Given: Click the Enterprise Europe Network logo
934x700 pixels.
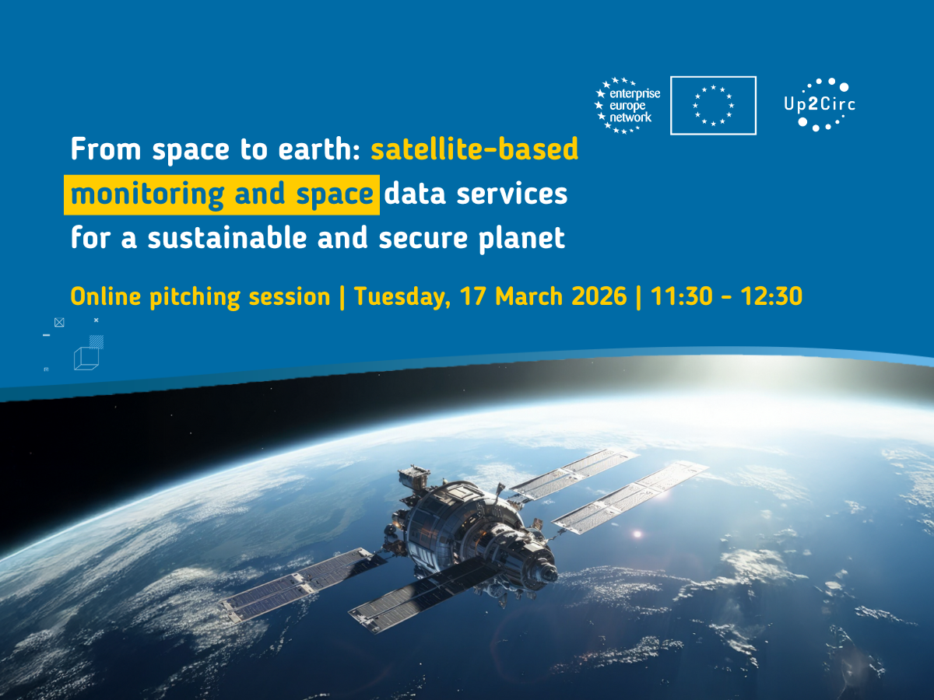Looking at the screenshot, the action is pyautogui.click(x=627, y=106).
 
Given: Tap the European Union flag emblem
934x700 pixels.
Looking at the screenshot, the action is pyautogui.click(x=713, y=106).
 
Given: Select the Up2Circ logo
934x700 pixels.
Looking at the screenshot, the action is pyautogui.click(x=820, y=104).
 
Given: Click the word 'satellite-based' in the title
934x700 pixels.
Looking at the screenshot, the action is pyautogui.click(x=475, y=149).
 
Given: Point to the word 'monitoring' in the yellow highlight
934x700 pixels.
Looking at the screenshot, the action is pyautogui.click(x=147, y=194).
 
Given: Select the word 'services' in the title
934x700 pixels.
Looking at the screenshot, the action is pyautogui.click(x=512, y=194).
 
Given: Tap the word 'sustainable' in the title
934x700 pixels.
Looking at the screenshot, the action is pyautogui.click(x=227, y=238).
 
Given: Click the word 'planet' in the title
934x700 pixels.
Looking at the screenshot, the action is pyautogui.click(x=521, y=239).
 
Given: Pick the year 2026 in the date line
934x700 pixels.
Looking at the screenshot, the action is pyautogui.click(x=599, y=296).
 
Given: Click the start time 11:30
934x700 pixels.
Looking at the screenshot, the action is pyautogui.click(x=681, y=296).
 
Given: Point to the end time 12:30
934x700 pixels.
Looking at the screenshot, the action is pyautogui.click(x=771, y=296).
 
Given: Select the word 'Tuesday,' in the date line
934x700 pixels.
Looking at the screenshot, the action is pyautogui.click(x=402, y=297).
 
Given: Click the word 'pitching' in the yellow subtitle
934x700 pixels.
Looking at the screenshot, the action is pyautogui.click(x=195, y=297).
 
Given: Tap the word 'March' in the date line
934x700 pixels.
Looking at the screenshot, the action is pyautogui.click(x=529, y=296).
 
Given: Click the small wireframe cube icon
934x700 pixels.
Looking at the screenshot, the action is pyautogui.click(x=86, y=359).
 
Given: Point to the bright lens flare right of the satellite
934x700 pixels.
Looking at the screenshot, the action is pyautogui.click(x=637, y=534).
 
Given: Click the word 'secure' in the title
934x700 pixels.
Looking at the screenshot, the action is pyautogui.click(x=423, y=239).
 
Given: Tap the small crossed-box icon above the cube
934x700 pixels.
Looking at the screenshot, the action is pyautogui.click(x=59, y=323).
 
